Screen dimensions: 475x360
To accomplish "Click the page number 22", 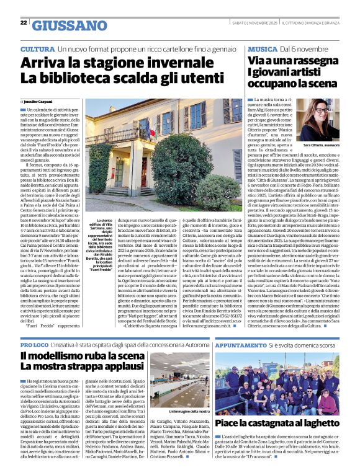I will point(24,22).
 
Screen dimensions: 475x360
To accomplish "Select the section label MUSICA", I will point(261,48).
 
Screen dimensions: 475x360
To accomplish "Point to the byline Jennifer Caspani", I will point(38,100).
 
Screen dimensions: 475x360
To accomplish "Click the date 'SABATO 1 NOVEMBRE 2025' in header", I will point(250,22).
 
